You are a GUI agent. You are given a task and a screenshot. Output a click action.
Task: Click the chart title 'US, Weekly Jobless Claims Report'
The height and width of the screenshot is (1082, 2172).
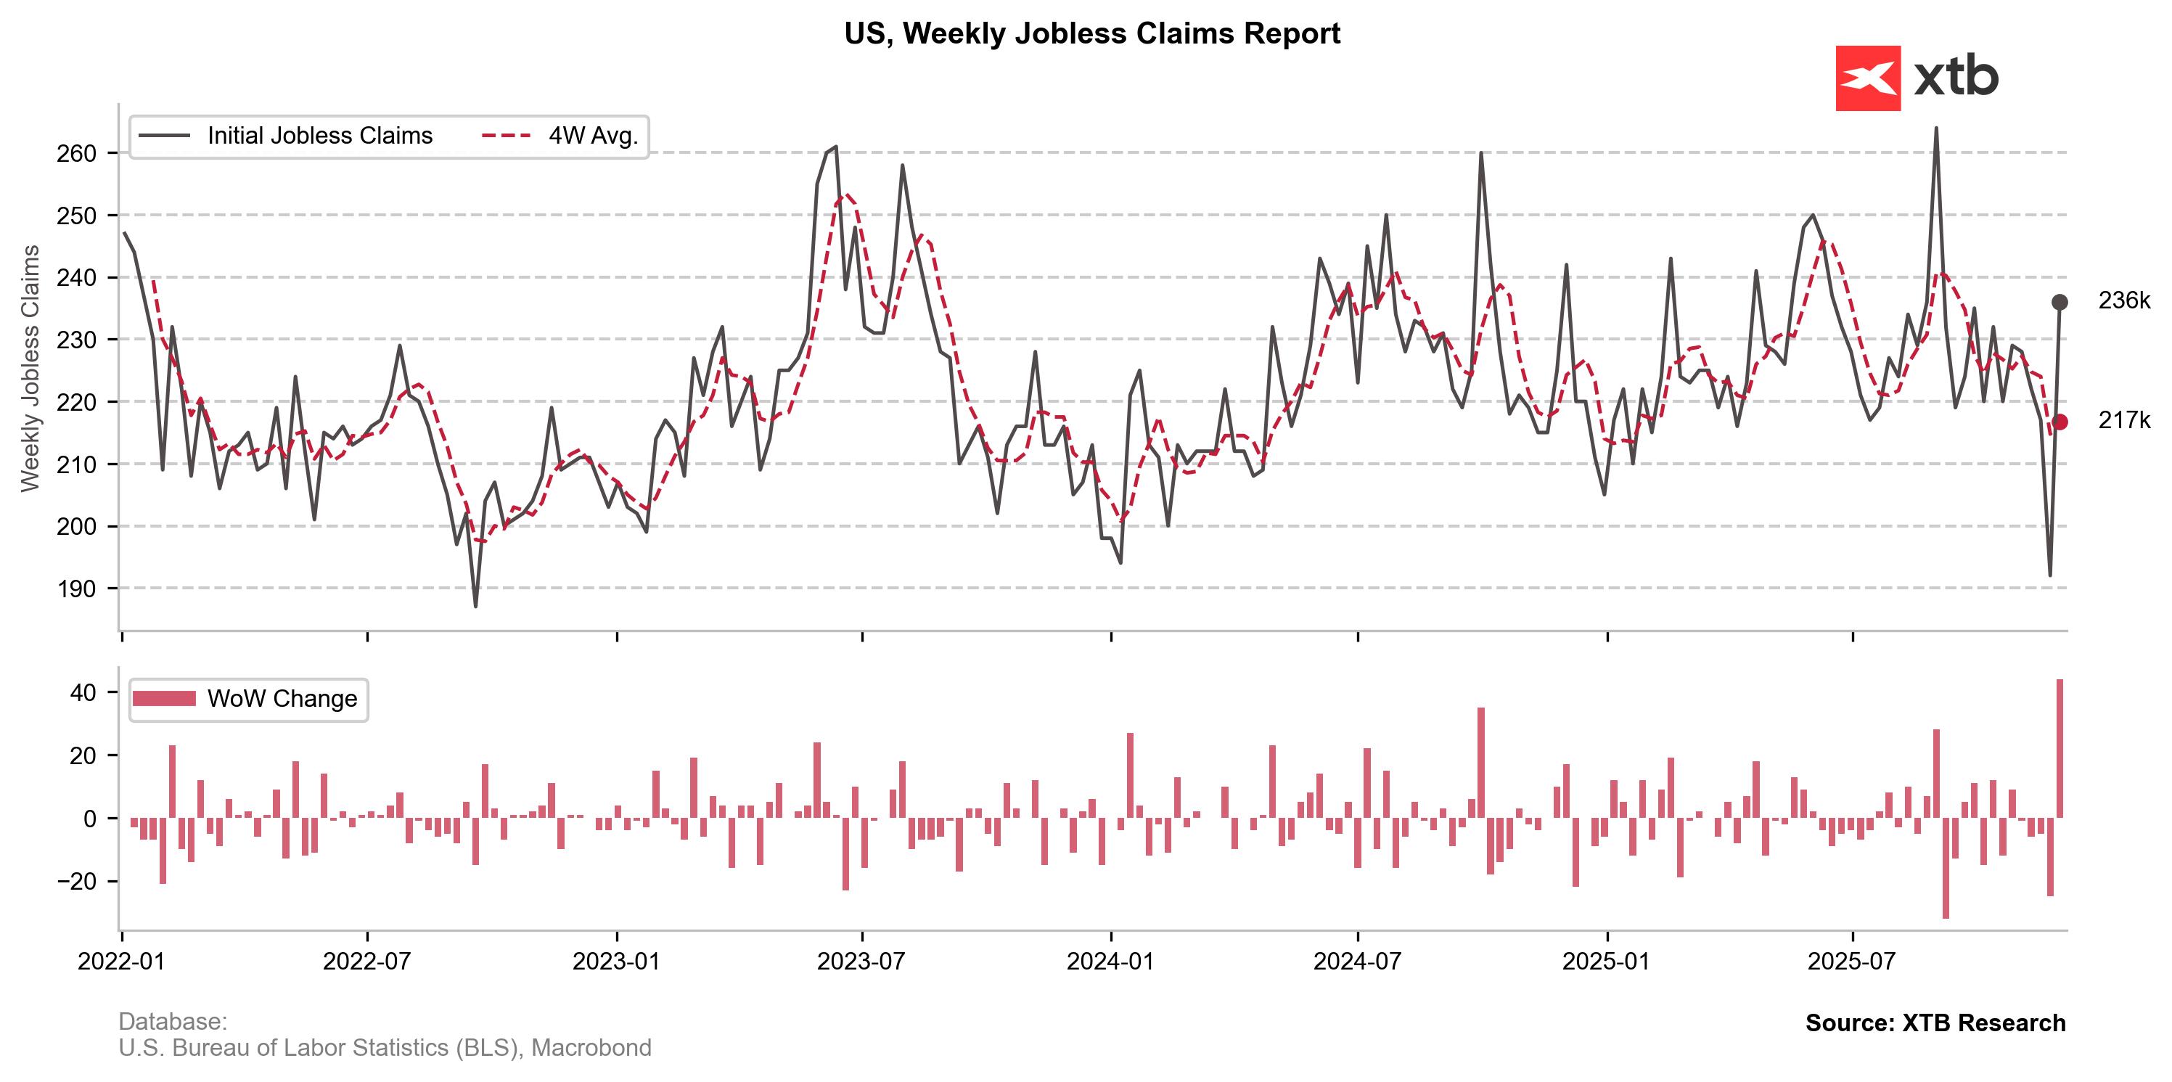1092,33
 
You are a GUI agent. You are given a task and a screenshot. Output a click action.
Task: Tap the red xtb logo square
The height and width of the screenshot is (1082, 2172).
1868,78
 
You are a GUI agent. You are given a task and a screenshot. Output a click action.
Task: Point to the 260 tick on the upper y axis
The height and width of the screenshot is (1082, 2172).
76,154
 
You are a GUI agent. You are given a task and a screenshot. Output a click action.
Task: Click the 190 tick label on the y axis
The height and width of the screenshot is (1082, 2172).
76,589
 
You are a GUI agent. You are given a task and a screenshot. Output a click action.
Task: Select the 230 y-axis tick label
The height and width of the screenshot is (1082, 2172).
76,340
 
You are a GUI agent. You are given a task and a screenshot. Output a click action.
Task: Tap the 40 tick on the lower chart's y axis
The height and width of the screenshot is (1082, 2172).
83,693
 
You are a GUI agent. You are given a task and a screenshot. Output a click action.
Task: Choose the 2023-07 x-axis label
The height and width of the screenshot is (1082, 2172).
861,962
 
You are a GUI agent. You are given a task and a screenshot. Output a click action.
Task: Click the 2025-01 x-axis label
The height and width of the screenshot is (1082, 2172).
1606,962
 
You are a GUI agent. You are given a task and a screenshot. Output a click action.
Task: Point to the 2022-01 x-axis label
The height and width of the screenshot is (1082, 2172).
121,962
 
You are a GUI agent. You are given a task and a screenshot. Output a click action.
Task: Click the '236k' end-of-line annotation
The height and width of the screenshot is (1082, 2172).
2123,301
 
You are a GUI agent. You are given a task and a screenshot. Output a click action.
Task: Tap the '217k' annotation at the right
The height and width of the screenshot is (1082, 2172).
2123,420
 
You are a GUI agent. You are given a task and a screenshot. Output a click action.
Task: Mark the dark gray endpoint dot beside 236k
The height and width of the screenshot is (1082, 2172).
2059,303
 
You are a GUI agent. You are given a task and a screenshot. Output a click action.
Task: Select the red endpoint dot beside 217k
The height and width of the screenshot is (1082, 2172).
2059,422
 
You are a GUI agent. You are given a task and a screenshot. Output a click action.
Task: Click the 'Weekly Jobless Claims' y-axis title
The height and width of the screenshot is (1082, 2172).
30,368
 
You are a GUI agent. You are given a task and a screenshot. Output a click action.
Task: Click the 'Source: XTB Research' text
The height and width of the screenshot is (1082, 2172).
1935,1023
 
